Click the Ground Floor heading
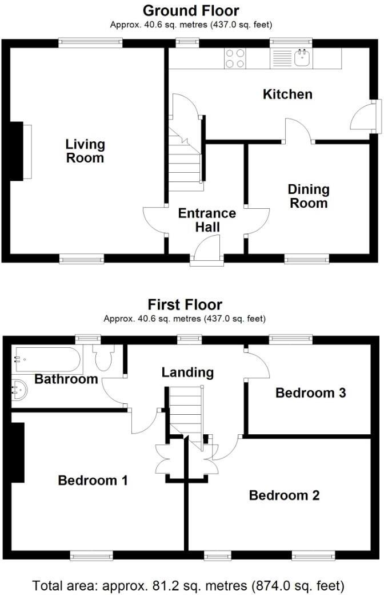coord(190,10)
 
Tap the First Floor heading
coord(185,304)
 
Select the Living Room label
coord(85,151)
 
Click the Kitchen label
coord(287,94)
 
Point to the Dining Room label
coord(309,196)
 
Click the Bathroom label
coord(66,379)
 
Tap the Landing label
coord(187,372)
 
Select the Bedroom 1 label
coord(93,481)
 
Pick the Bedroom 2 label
coord(284,495)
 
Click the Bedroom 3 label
coord(311,393)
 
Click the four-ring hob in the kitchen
coord(235,58)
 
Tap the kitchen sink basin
coord(301,57)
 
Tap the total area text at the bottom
coord(189,585)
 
